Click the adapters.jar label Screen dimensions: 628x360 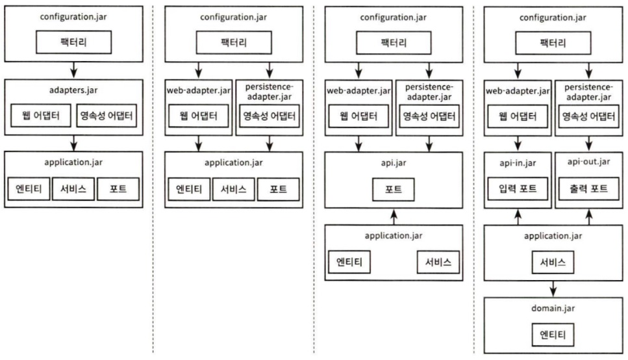73,90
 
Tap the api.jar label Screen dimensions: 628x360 394,162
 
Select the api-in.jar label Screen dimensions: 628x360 518,162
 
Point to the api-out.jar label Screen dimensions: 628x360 589,162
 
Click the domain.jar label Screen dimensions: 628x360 553,308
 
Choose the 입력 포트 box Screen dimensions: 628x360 518,188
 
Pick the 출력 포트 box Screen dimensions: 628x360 589,188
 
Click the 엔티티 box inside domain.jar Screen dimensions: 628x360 553,335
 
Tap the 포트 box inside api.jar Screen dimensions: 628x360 394,189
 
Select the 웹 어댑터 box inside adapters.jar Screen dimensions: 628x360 41,116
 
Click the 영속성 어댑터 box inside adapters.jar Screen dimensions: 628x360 107,116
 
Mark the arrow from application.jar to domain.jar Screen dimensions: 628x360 553,289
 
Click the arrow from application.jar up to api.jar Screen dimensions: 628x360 394,216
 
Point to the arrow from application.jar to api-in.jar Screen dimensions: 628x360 518,216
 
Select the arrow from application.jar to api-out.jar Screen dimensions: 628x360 589,216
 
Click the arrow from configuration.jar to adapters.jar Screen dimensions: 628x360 73,70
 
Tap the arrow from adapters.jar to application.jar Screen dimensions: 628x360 73,143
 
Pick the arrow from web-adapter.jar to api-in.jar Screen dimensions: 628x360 518,144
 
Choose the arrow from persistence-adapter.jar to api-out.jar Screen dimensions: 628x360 589,144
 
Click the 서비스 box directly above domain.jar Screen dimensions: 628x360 553,262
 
